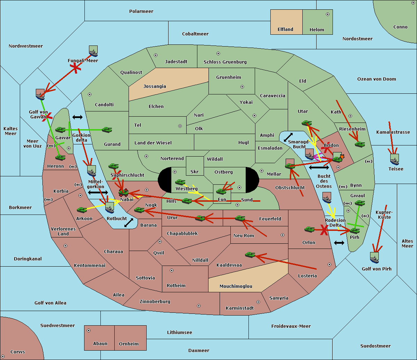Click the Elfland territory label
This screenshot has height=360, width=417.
point(285,30)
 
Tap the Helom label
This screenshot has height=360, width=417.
point(317,30)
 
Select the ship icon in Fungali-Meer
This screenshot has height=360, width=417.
point(93,51)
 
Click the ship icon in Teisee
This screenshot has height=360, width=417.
point(394,160)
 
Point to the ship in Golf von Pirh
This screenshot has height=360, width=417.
point(374,258)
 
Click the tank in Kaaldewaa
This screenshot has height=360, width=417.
point(250,255)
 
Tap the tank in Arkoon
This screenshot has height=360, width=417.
point(82,210)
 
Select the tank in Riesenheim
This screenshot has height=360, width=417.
point(360,144)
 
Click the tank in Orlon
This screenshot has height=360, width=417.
point(309,229)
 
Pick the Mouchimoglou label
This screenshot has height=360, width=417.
point(236,286)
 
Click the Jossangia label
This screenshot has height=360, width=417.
point(155,86)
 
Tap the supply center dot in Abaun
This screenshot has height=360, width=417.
point(89,330)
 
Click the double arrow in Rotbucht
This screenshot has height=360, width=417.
point(129,223)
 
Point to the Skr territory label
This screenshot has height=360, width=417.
point(194,172)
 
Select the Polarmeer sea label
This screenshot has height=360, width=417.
point(141,11)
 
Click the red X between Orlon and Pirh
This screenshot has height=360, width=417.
point(324,230)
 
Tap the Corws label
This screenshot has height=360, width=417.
point(18,352)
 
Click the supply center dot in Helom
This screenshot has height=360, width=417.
point(327,14)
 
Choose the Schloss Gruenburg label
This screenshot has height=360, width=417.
point(225,62)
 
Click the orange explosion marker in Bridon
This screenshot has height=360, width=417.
point(342,157)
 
